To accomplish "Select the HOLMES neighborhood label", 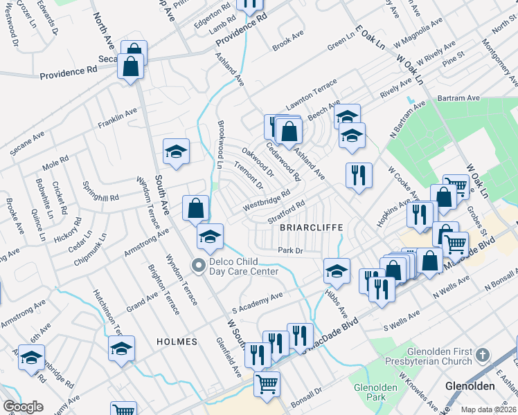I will point(177,342).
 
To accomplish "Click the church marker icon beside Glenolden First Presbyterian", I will point(482,356).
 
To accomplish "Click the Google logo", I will point(23,407).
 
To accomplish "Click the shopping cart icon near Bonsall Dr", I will point(267,382).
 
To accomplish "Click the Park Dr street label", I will point(290,251).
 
